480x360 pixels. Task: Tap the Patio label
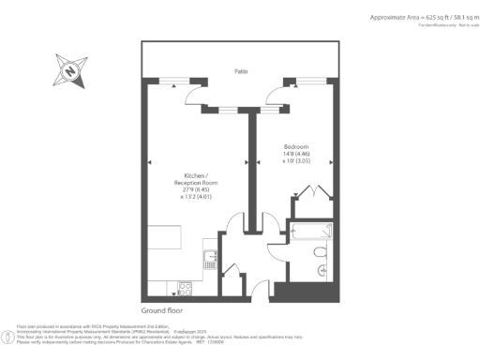[x=242, y=71]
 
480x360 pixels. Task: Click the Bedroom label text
[x=297, y=147]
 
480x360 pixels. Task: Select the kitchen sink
[x=207, y=256]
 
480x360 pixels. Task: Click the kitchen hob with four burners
[x=186, y=289]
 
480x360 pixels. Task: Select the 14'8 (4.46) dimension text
[x=297, y=155]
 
